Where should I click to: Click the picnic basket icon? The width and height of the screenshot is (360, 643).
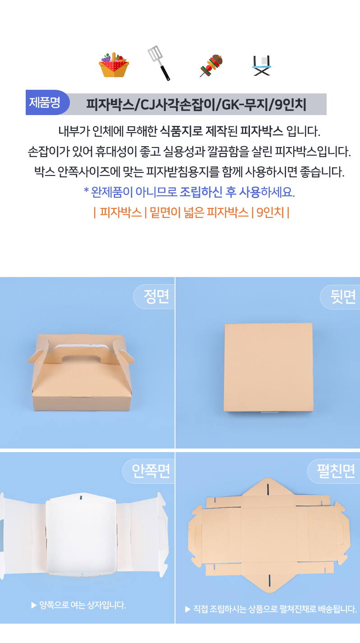pyautogui.click(x=114, y=65)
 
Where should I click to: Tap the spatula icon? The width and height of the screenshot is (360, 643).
pyautogui.click(x=159, y=63)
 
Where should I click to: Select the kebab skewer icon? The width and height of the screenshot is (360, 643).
pyautogui.click(x=211, y=65)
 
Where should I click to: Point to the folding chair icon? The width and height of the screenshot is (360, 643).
pyautogui.click(x=262, y=65)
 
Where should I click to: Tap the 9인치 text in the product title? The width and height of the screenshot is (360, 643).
pyautogui.click(x=290, y=104)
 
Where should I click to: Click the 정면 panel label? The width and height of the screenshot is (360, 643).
pyautogui.click(x=156, y=296)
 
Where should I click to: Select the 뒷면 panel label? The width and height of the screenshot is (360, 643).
pyautogui.click(x=343, y=297)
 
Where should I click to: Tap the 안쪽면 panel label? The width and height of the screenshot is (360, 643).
pyautogui.click(x=151, y=471)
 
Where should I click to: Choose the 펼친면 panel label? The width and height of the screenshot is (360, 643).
pyautogui.click(x=336, y=471)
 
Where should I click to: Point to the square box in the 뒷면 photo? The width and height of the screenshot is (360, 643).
pyautogui.click(x=268, y=367)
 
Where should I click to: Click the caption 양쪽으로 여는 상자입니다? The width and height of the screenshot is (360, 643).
pyautogui.click(x=78, y=605)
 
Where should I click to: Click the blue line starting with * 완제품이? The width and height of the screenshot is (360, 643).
pyautogui.click(x=189, y=192)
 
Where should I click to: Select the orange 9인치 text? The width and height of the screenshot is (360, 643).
pyautogui.click(x=270, y=213)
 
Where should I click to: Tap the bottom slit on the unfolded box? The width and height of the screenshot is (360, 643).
pyautogui.click(x=269, y=580)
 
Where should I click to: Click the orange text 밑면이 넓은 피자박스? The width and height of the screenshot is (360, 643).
pyautogui.click(x=199, y=213)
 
